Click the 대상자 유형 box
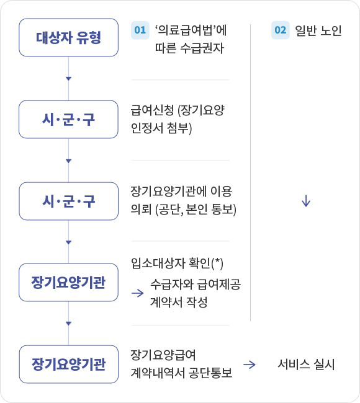(68, 38)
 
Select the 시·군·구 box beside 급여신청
(68, 120)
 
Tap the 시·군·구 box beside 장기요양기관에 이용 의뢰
(68, 201)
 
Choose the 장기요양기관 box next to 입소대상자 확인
(68, 283)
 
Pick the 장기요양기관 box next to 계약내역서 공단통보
(68, 364)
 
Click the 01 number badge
(140, 30)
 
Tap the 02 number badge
(280, 30)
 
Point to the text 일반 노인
(318, 30)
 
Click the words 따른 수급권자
(189, 48)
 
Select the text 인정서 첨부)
(161, 128)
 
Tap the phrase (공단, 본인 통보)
(196, 210)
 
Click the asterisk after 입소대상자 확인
(218, 261)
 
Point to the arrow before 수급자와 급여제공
(138, 293)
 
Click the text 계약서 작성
(179, 302)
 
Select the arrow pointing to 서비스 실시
(250, 365)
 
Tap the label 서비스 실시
(306, 365)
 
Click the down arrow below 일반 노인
(306, 201)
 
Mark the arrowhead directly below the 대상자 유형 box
(68, 79)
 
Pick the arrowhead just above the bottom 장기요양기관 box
(68, 324)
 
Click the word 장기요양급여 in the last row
(163, 355)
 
